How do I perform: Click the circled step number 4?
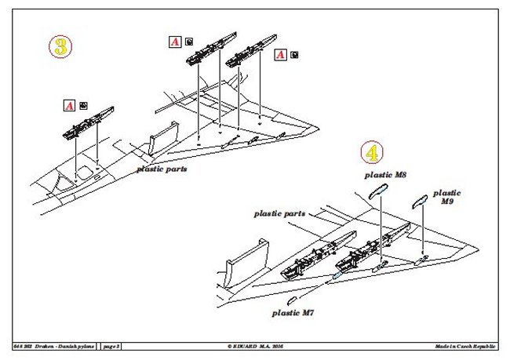pos(371,151)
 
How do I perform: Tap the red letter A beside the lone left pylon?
pos(69,104)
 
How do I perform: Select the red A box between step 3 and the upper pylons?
pos(175,42)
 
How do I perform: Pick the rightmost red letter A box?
pos(279,55)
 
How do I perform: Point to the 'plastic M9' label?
pos(446,196)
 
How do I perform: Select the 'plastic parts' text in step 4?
pos(279,213)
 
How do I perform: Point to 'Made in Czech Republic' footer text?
pos(466,346)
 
